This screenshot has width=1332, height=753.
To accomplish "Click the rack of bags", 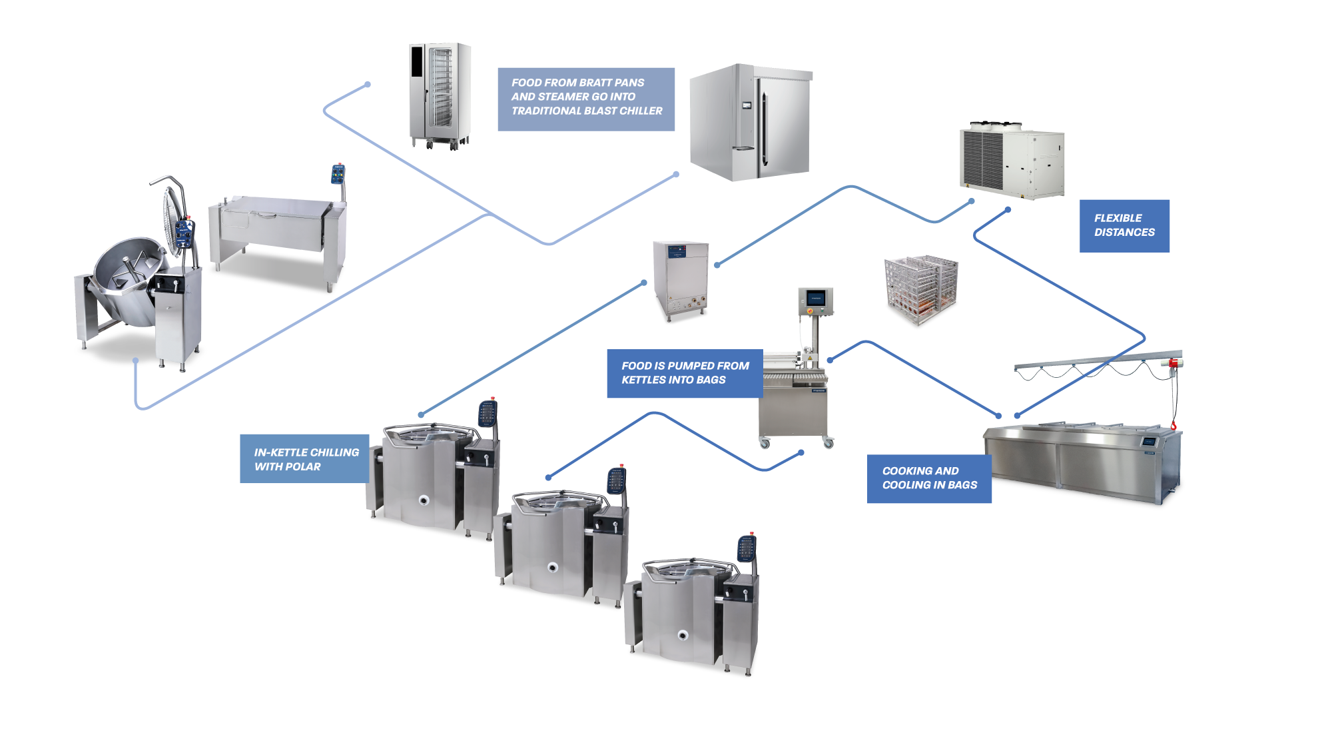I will (921, 289).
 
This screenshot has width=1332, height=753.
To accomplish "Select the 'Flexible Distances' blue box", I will (1124, 225).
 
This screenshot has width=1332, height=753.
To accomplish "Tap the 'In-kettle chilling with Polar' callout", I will (305, 458).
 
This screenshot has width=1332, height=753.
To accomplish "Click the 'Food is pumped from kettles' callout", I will (684, 373).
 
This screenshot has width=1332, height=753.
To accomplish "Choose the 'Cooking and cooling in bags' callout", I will (929, 478).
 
